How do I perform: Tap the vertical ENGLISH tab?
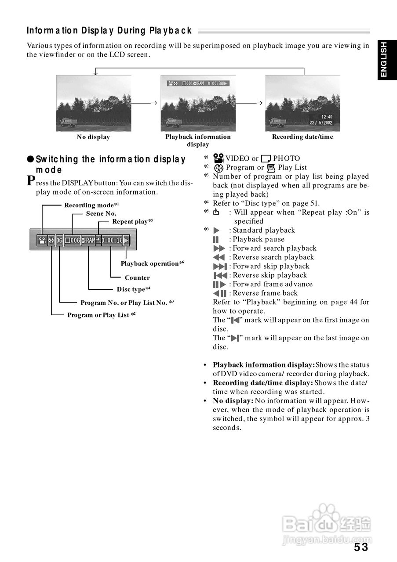(384, 60)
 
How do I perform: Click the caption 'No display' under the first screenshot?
(93, 137)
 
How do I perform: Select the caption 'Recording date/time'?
(302, 137)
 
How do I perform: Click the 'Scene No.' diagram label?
(101, 213)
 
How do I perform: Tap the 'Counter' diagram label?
(137, 277)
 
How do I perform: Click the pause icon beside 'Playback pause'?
(215, 239)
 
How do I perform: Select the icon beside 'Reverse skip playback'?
(220, 275)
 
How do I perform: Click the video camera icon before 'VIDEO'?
(219, 159)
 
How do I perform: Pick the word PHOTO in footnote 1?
(286, 159)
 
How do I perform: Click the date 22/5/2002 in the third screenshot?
(321, 123)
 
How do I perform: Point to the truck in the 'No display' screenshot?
(69, 122)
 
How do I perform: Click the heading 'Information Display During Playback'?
(109, 31)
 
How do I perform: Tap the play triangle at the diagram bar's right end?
(126, 240)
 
